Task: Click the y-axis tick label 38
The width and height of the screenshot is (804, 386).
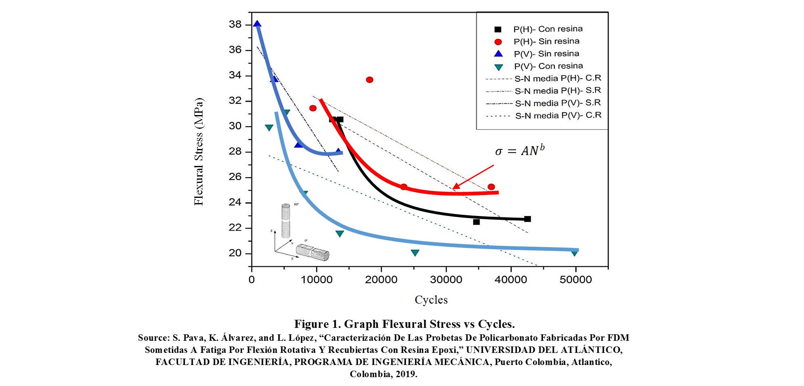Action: [x=235, y=25]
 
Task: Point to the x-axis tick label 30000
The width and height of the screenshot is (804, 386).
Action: [x=446, y=280]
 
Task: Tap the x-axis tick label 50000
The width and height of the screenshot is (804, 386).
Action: [x=575, y=280]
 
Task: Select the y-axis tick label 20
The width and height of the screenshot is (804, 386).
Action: [x=235, y=253]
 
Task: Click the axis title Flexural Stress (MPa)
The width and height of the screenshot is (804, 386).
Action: [x=199, y=152]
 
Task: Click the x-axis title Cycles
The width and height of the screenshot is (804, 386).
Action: [x=431, y=300]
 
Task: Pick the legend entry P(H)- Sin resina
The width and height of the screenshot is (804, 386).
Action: [x=546, y=42]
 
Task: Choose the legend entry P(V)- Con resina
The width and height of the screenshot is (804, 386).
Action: [x=548, y=66]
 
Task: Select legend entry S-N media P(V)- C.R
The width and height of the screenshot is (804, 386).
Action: [x=558, y=116]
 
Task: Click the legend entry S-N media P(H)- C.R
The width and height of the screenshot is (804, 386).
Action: [x=558, y=78]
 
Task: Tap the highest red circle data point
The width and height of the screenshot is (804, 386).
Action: [x=370, y=80]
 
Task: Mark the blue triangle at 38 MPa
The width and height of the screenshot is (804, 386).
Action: [x=257, y=24]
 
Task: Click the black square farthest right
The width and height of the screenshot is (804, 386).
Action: [x=527, y=219]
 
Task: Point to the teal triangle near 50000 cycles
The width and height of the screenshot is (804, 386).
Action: [x=574, y=253]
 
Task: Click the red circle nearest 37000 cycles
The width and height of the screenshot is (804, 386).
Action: [x=491, y=187]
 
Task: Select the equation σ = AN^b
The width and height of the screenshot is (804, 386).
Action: [x=520, y=151]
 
